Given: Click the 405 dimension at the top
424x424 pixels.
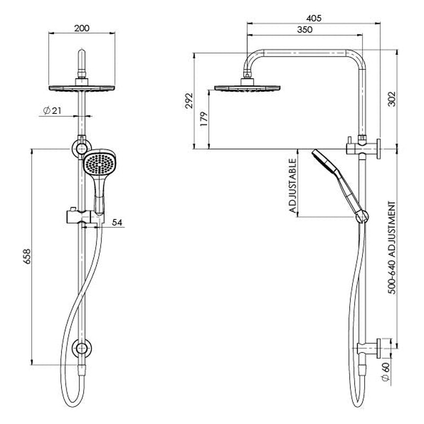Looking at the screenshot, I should pyautogui.click(x=314, y=17).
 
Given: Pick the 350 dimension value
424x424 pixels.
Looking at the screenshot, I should pyautogui.click(x=304, y=30).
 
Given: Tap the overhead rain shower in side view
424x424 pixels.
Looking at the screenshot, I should pyautogui.click(x=246, y=88).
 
